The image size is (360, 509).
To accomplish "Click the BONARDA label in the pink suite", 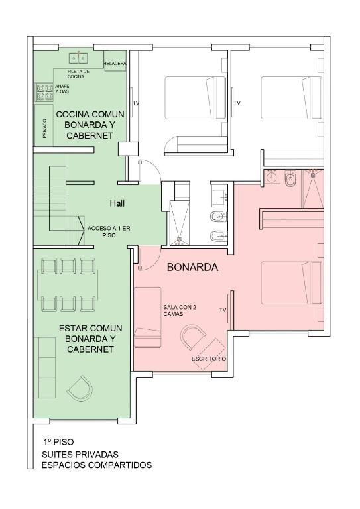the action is tap(192, 267).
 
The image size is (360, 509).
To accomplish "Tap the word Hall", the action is tap(117, 203).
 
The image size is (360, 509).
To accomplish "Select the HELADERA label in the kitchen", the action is tap(115, 64).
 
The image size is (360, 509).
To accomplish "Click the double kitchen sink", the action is tap(78, 58).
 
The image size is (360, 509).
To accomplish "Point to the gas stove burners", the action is tap(44, 92).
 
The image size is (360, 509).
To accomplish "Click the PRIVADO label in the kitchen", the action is tap(45, 128).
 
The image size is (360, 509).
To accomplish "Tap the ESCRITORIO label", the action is tap(209, 359).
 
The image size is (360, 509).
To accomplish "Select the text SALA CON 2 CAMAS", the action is tap(180, 311).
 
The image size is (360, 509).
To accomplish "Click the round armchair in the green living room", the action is tap(80, 389).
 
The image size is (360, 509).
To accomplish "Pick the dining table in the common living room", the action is tap(68, 285).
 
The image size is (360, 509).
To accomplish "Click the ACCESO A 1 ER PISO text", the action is tap(109, 232).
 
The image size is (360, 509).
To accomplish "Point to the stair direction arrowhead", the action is tap(80, 230).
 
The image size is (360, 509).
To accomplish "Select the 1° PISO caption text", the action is tap(58, 442).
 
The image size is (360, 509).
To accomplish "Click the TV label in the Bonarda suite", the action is tap(223, 310).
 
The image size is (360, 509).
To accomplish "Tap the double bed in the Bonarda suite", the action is tap(292, 283).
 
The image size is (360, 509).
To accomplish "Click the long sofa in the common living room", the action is tap(45, 367).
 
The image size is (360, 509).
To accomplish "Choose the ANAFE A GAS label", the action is tap(62, 89).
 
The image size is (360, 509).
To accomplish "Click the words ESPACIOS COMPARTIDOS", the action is tap(96, 465).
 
